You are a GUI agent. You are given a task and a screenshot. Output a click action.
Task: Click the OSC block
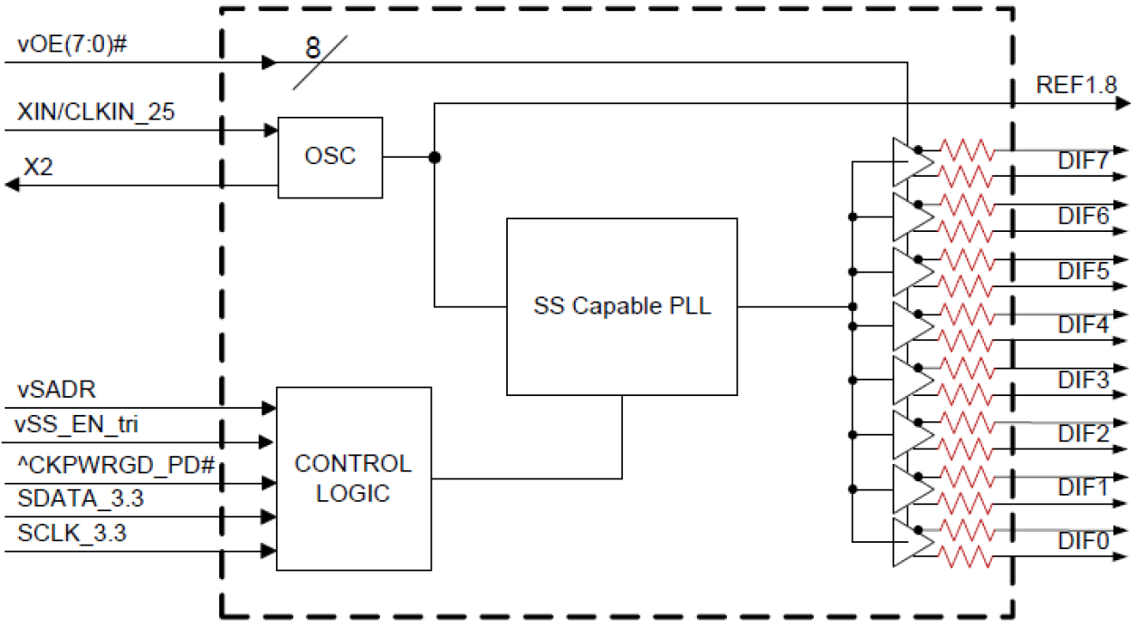click(330, 157)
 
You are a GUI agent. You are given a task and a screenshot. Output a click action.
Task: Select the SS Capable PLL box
click(622, 306)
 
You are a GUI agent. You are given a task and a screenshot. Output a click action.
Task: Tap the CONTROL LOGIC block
click(352, 478)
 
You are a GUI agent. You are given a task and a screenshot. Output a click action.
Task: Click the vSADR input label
click(57, 390)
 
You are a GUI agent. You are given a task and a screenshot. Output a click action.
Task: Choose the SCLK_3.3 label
click(72, 534)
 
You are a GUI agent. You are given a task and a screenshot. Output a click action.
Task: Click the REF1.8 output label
click(1076, 86)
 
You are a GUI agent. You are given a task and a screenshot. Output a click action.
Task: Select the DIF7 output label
click(1083, 162)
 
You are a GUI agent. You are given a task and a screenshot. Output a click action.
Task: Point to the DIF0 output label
click(1083, 541)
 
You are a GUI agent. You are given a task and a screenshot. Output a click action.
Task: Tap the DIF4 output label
click(1083, 324)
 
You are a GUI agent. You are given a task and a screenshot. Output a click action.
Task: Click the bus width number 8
click(312, 49)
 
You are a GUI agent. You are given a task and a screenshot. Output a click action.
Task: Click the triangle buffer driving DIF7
click(911, 162)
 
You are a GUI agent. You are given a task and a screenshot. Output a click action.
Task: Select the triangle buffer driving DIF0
click(911, 542)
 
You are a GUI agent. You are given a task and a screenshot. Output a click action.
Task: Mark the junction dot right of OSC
click(435, 157)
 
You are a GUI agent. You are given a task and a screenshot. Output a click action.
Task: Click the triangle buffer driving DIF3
click(911, 379)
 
